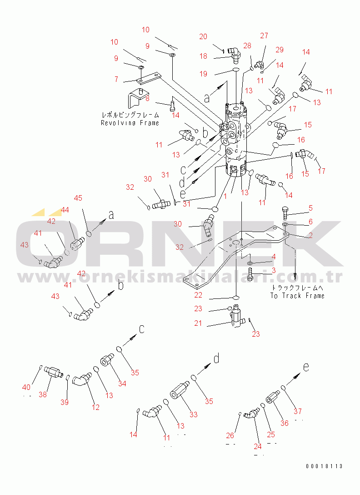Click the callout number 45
[x=78, y=198]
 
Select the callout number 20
[x=203, y=36]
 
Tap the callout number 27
[x=264, y=35]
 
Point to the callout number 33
[x=194, y=414]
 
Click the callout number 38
[x=43, y=394]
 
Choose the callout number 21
[x=198, y=323]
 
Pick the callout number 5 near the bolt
[x=311, y=208]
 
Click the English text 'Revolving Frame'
[x=130, y=123]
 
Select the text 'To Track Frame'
[x=297, y=296]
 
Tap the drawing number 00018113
[x=324, y=466]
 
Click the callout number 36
[x=284, y=423]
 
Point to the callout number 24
[x=258, y=446]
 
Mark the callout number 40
[x=26, y=387]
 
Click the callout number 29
[x=280, y=50]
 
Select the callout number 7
[x=116, y=79]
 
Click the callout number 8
[x=147, y=98]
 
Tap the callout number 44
[x=65, y=210]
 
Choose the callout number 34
[x=122, y=384]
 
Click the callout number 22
[x=198, y=295]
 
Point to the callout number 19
[x=204, y=74]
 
